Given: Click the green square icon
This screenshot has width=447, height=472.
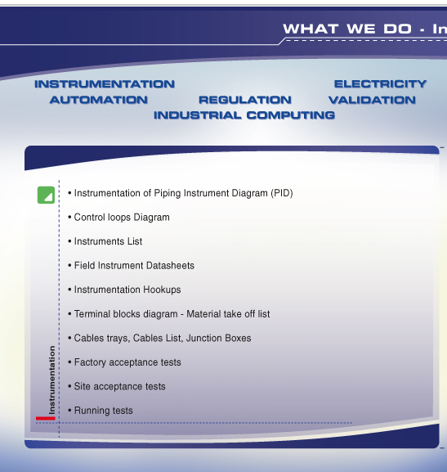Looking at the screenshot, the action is coord(46,195).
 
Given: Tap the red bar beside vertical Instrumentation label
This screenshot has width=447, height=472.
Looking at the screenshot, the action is coord(46,418).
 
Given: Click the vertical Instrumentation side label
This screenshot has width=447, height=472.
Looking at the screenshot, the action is coord(51,380).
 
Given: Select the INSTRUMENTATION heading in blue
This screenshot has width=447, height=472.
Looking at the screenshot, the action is coord(105,84).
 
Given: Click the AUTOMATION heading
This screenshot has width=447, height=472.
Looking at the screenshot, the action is coord(99,100).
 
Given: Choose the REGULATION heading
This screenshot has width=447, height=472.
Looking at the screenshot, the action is coord(245,100).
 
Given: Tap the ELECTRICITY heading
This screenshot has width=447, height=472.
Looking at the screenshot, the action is coord(381,84).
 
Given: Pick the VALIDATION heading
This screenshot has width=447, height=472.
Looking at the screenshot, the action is coord(372,100).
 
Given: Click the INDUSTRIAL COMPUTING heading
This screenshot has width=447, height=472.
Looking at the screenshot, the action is coord(244,115).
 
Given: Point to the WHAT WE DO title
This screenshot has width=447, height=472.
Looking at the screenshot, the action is coord(347,29).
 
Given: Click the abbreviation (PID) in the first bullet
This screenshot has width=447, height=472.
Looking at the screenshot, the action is coord(282,193).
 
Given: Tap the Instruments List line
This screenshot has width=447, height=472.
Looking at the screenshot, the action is coord(105,241).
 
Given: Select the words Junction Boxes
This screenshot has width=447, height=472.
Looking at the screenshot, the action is coord(219,338).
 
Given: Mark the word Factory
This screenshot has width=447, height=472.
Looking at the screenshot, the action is coord(90,362).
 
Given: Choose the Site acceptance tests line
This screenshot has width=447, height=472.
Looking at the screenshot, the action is coord(117,386).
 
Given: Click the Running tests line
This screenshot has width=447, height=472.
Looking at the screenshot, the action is coord(101,411).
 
